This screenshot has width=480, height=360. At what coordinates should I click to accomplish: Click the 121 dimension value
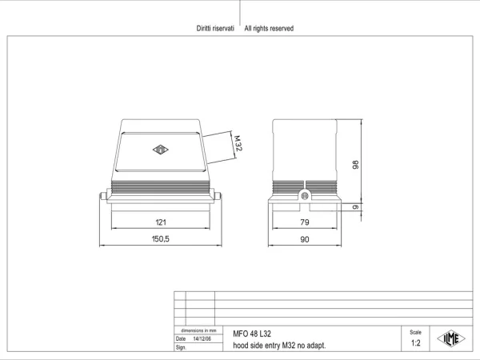click(x=161, y=222)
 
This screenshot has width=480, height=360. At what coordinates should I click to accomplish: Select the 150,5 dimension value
click(x=161, y=238)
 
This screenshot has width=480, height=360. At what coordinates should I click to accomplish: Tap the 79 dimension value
click(x=305, y=222)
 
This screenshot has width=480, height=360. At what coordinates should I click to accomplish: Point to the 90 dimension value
click(x=305, y=239)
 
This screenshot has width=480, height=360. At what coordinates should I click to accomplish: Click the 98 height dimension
click(x=355, y=164)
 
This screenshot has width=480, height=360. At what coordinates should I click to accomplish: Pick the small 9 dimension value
click(x=355, y=207)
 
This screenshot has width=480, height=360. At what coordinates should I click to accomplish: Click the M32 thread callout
click(x=238, y=143)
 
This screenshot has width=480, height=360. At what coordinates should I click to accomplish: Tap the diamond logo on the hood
click(x=161, y=150)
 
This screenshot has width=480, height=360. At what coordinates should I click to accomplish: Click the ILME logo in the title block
click(x=451, y=339)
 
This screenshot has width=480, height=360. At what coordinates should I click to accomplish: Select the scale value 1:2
click(x=416, y=343)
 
